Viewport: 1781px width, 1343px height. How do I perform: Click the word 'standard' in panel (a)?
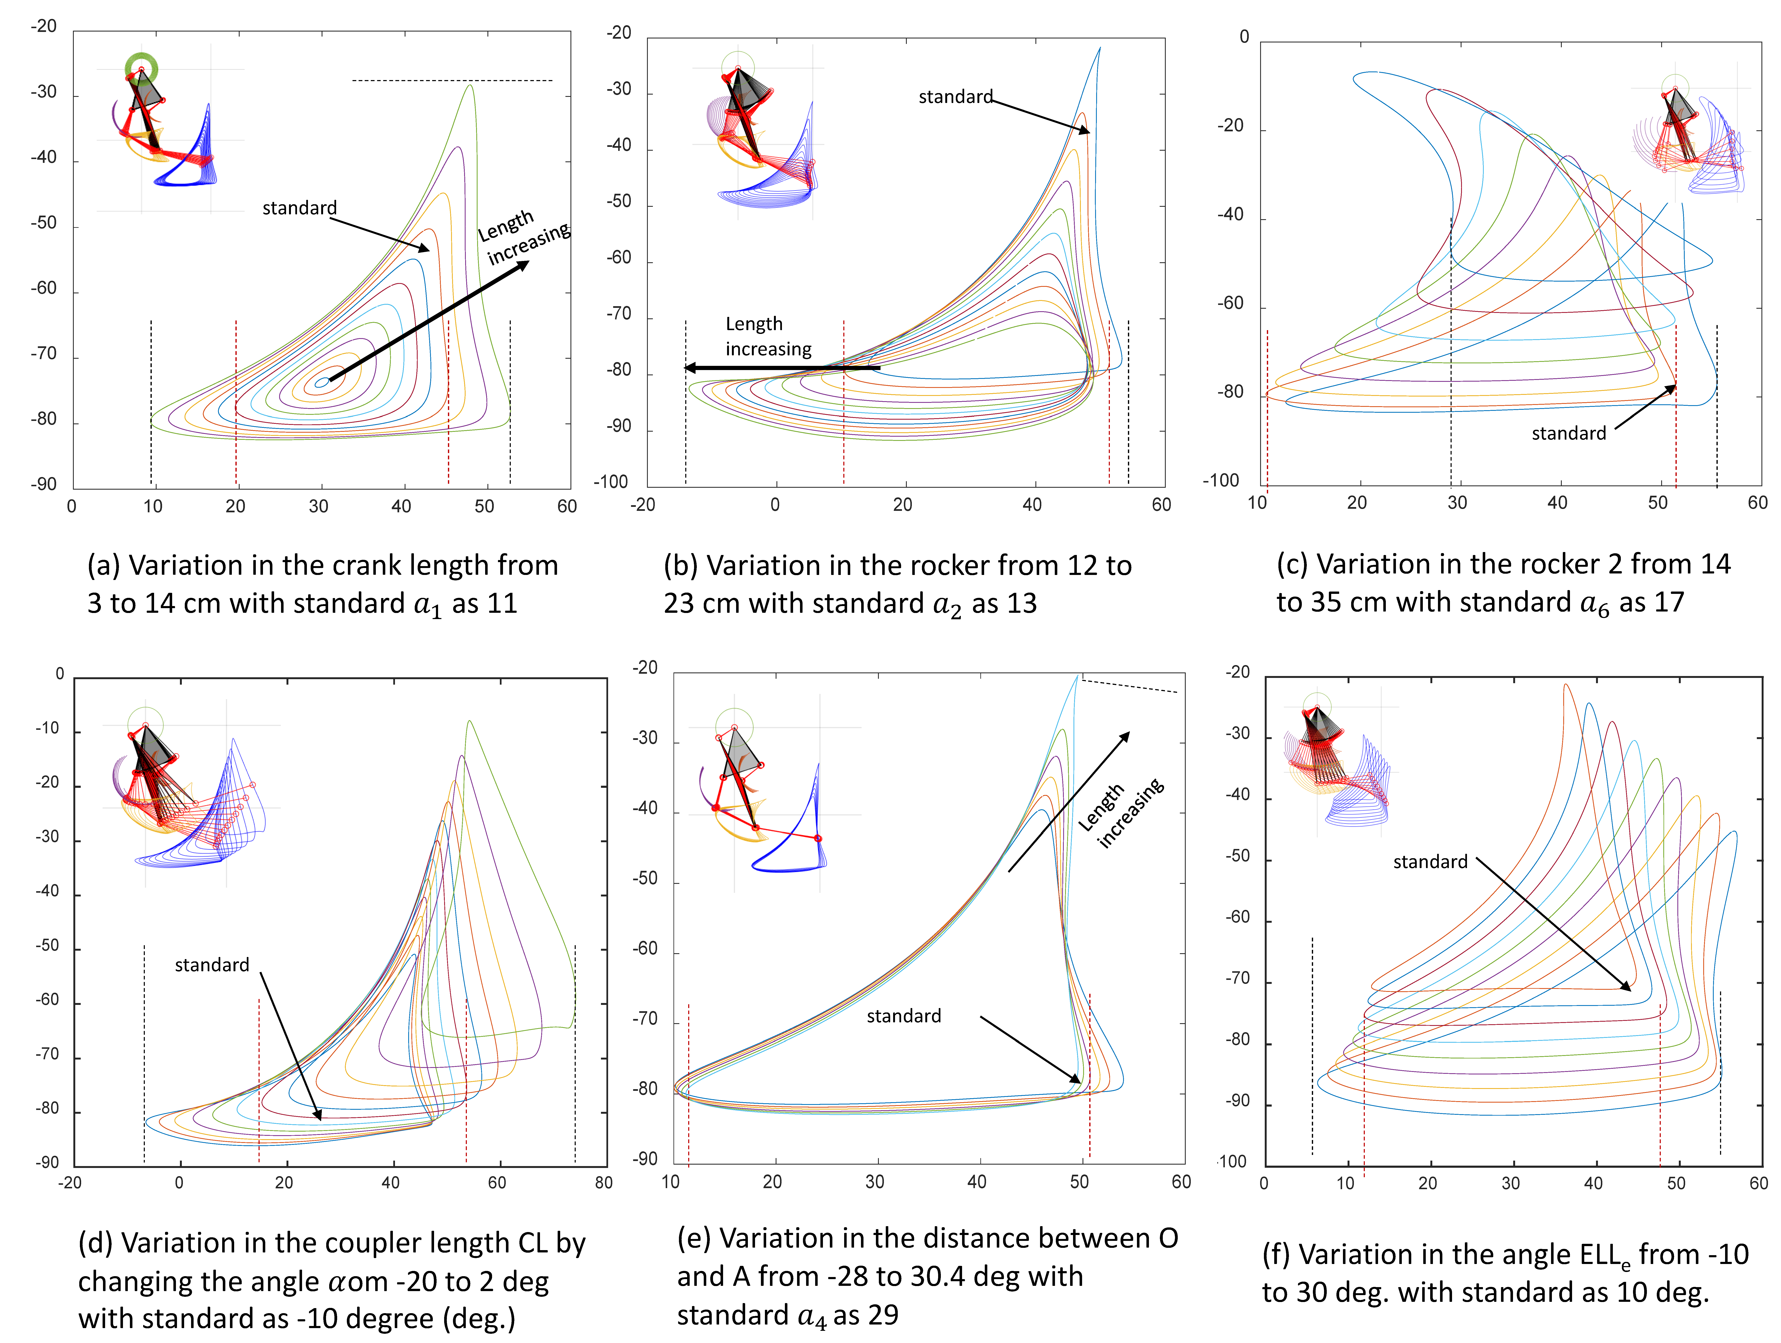300,208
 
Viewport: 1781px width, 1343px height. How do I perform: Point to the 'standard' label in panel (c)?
1568,433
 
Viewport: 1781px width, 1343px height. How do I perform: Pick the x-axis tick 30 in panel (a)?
319,506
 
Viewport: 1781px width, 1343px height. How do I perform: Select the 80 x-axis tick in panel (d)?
604,1183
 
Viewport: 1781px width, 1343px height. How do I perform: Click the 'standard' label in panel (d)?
212,965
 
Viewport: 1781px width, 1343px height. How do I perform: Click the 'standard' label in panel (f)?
1430,862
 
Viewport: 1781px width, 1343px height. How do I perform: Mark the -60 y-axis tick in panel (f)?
1237,918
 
